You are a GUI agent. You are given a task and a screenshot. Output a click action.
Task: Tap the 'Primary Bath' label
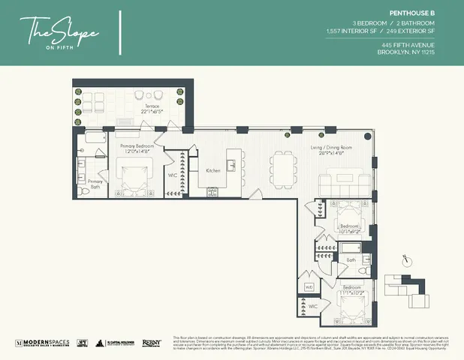[x=95, y=184]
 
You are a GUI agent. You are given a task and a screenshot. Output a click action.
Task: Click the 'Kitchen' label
[x=213, y=171]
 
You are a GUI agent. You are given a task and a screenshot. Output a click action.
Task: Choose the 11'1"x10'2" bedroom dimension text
[x=349, y=291]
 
